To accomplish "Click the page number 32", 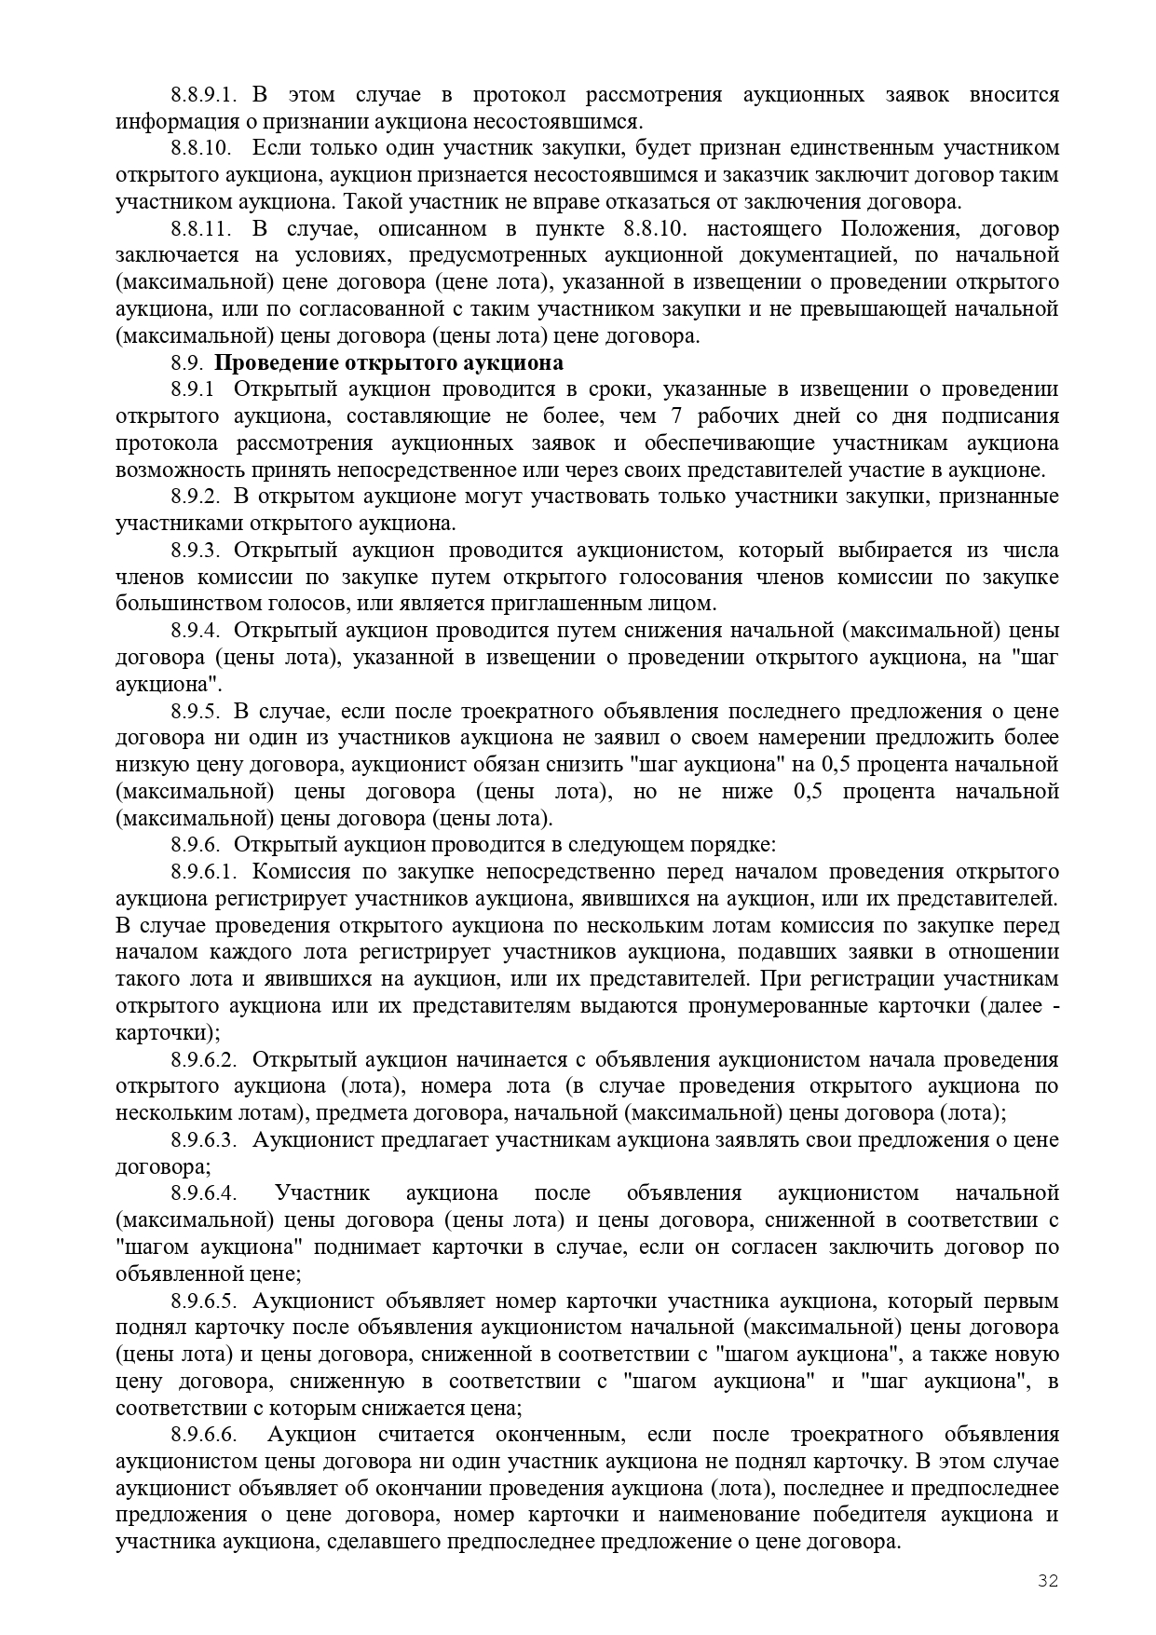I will click(1048, 1580).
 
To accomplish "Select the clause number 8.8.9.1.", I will click(204, 95).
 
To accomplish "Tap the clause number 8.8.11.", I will click(200, 229).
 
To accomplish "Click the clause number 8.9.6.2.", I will click(204, 1060).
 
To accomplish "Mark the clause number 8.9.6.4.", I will click(204, 1193).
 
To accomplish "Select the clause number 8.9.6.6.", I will click(204, 1435).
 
